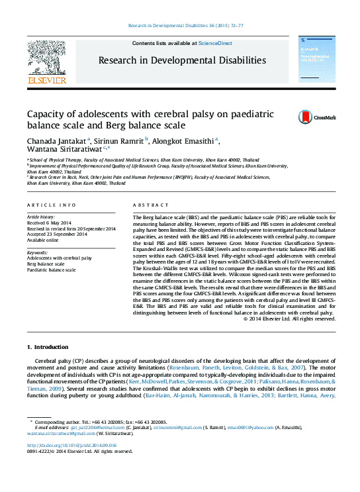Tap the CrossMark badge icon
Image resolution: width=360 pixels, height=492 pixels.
(x=306, y=117)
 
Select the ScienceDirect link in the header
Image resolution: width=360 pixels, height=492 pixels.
(x=215, y=43)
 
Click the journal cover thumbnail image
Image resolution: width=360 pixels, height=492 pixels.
(x=313, y=62)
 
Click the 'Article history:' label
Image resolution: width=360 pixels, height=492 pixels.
(x=41, y=217)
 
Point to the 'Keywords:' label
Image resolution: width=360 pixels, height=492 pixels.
(x=37, y=252)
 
